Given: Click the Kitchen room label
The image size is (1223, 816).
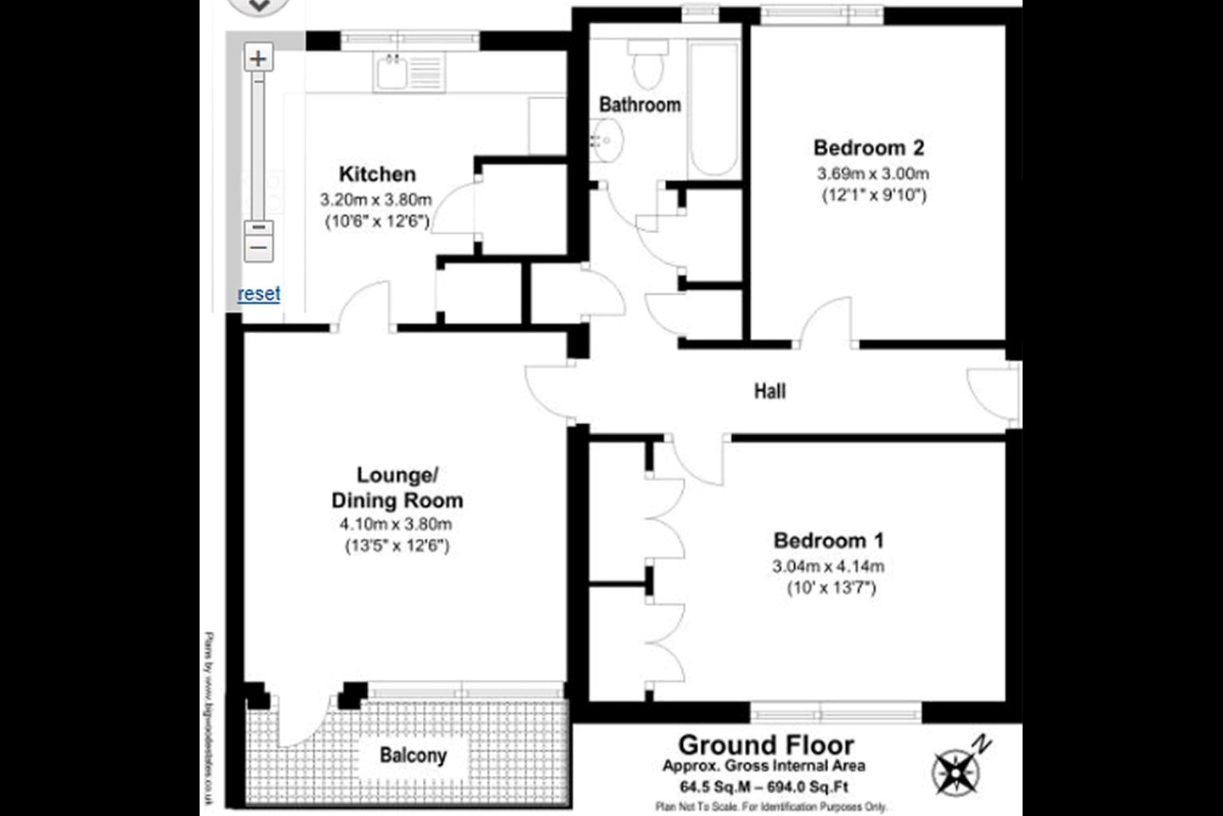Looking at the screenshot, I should pos(377,174).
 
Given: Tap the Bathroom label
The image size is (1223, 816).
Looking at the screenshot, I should pos(640,105).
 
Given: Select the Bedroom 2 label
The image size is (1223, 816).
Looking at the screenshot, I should pos(868,147).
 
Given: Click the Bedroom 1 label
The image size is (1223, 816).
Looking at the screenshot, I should pos(828,540).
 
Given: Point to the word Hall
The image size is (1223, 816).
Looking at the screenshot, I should pos(769,391).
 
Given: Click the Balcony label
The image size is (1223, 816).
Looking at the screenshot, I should pos(413,755).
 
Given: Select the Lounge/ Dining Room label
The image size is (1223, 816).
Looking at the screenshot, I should pos(397,487).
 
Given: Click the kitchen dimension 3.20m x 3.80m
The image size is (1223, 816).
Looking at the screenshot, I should pos(375,201).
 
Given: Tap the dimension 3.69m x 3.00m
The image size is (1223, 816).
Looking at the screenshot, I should pos(872,173).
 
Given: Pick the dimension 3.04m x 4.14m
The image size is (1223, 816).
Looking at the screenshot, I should pos(828,566).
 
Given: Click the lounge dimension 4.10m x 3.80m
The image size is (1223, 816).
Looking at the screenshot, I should pos(395,524).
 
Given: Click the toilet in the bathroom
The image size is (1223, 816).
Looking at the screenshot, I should pos(647,64).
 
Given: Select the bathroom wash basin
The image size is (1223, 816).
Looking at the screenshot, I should pos(608,140).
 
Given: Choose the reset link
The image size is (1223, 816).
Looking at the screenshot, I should pos(259,294).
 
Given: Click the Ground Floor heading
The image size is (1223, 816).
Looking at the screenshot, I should pos(765,745).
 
